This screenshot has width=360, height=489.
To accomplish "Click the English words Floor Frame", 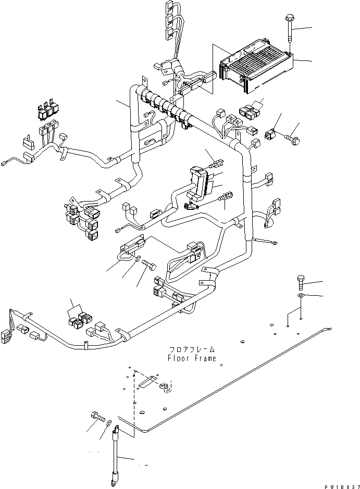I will pyautogui.click(x=191, y=358).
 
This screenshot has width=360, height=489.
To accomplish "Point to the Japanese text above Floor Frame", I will pyautogui.click(x=191, y=349).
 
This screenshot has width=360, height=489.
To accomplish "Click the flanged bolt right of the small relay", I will pyautogui.click(x=292, y=139).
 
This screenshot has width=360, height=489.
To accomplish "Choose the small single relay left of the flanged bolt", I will pyautogui.click(x=270, y=135).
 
